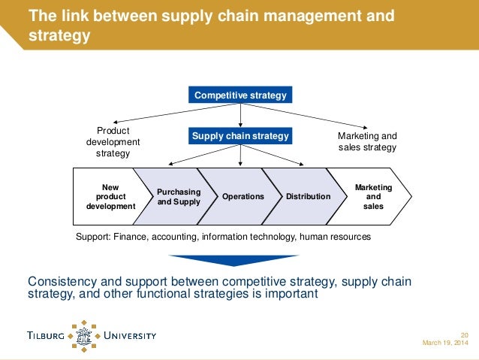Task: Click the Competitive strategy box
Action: point(240,95)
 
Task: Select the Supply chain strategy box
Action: point(240,136)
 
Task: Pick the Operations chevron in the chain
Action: point(243,196)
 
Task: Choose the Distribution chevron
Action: point(308,196)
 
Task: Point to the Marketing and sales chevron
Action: point(373,195)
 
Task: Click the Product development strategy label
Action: point(113,142)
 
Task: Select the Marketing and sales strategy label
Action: point(366,142)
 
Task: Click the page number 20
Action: point(464,334)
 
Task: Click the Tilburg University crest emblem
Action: point(84,334)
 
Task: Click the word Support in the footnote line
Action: point(94,237)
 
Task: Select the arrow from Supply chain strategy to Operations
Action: point(240,156)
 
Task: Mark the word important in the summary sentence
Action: point(293,294)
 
